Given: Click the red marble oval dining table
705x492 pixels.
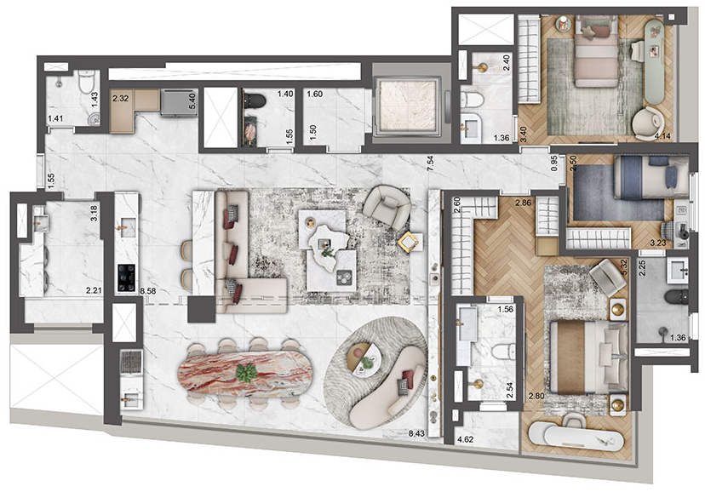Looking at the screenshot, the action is pos(245,374).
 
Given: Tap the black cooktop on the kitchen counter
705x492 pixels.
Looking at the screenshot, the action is pos(126,277).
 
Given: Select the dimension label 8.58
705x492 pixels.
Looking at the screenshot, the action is pos(148,291).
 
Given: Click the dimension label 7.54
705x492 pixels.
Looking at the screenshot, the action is pos(430,163).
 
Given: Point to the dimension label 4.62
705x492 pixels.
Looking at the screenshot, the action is pos(465,440).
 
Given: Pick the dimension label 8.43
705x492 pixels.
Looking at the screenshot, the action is pos(416,433).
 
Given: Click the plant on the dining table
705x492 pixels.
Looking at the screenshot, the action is pos(246,373).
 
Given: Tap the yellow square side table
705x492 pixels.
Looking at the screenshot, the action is pos(409,243).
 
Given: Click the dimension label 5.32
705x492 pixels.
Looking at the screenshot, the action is pos(623,268).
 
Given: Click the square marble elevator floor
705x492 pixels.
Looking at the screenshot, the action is pos(408,106).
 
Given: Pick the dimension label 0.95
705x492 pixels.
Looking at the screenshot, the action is pos(554,163).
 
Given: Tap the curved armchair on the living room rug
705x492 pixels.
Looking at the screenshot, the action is pos(387,207).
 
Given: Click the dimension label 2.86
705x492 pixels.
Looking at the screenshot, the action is pos(524,203).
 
